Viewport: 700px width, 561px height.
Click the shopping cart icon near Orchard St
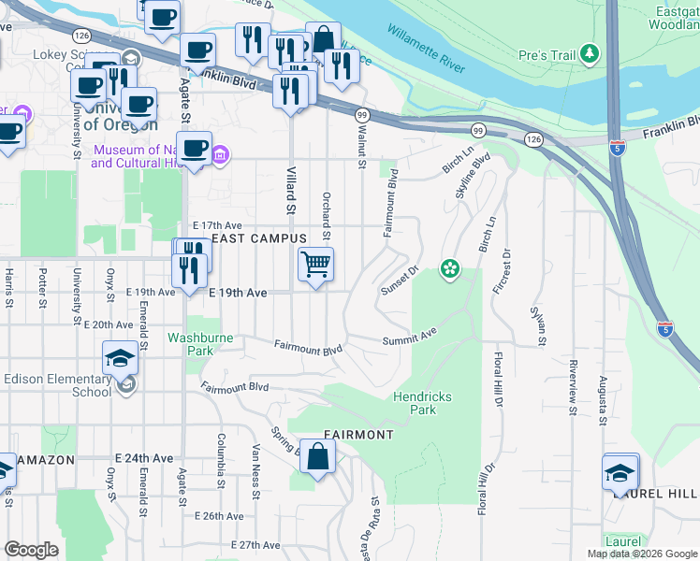[x=316, y=265]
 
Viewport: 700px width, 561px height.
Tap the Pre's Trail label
[x=548, y=56]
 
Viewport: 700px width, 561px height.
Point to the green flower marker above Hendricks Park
[x=450, y=269]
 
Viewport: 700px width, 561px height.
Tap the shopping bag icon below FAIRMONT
[x=317, y=457]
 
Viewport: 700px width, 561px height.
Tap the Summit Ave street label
[x=410, y=336]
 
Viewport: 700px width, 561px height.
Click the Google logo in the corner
[x=31, y=550]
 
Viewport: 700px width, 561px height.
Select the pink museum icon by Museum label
[x=220, y=155]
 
